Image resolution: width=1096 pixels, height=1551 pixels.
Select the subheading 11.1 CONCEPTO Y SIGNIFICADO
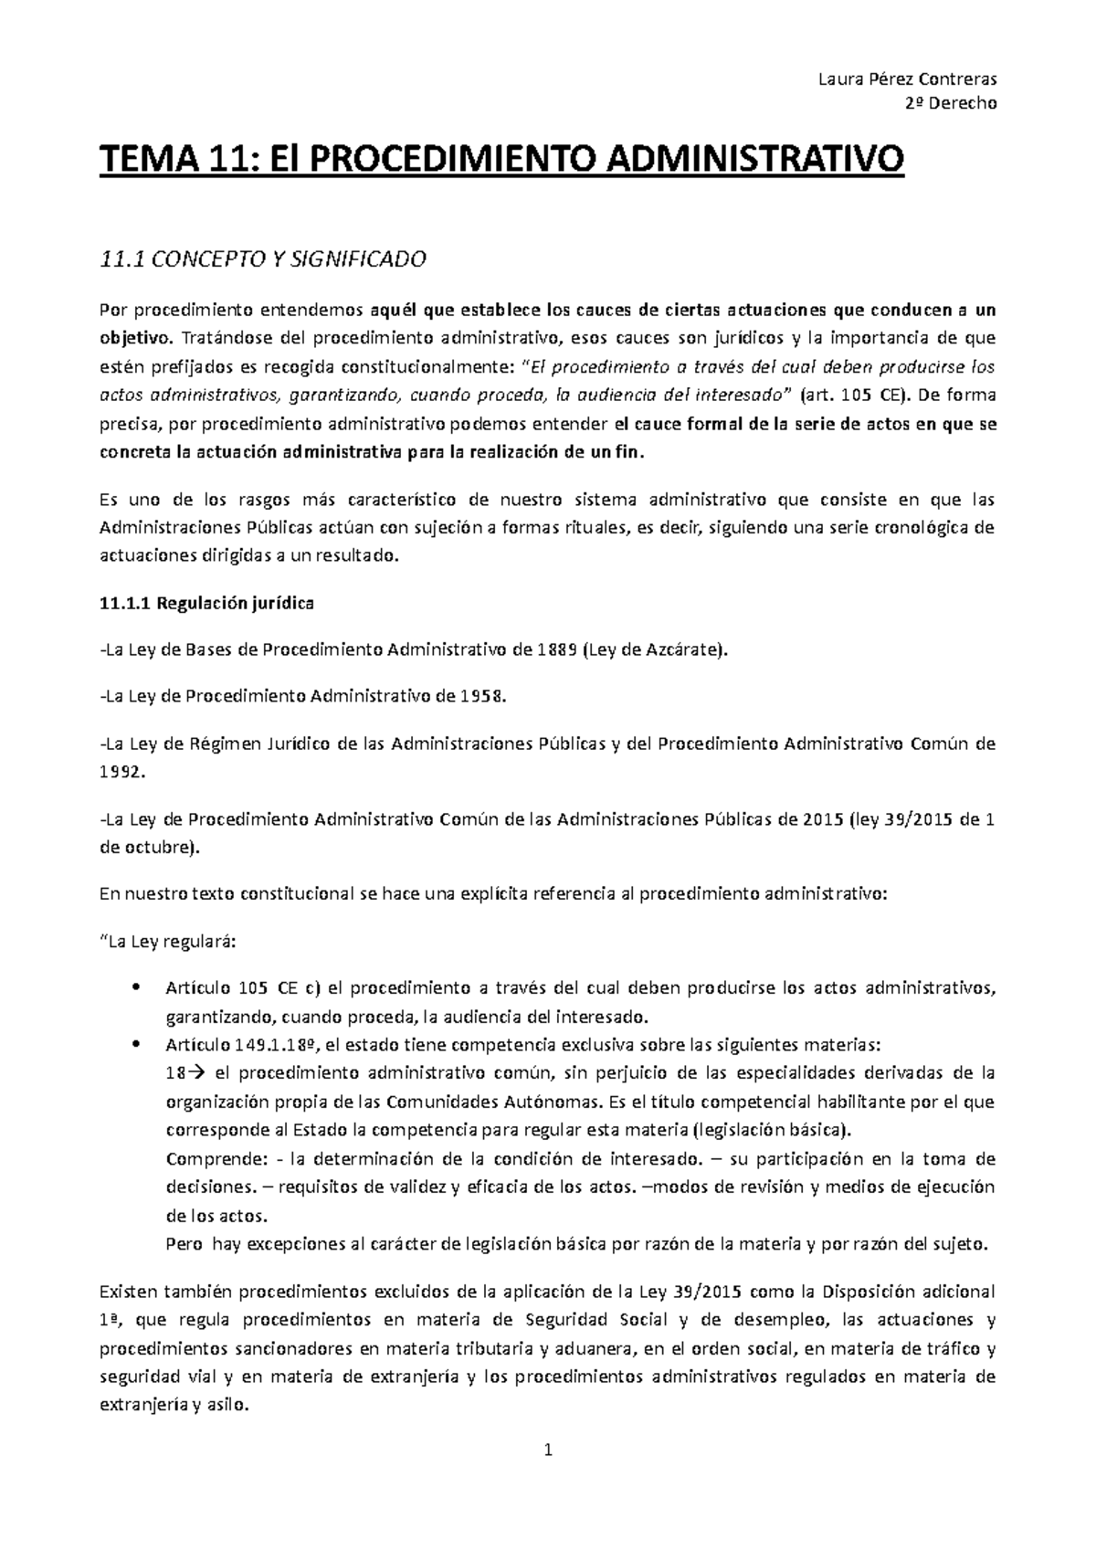coord(263,260)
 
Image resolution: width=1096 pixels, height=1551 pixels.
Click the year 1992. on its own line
coord(121,772)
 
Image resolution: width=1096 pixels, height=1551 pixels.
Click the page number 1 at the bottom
coord(548,1450)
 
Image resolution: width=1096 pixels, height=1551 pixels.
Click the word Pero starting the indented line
coord(183,1244)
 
